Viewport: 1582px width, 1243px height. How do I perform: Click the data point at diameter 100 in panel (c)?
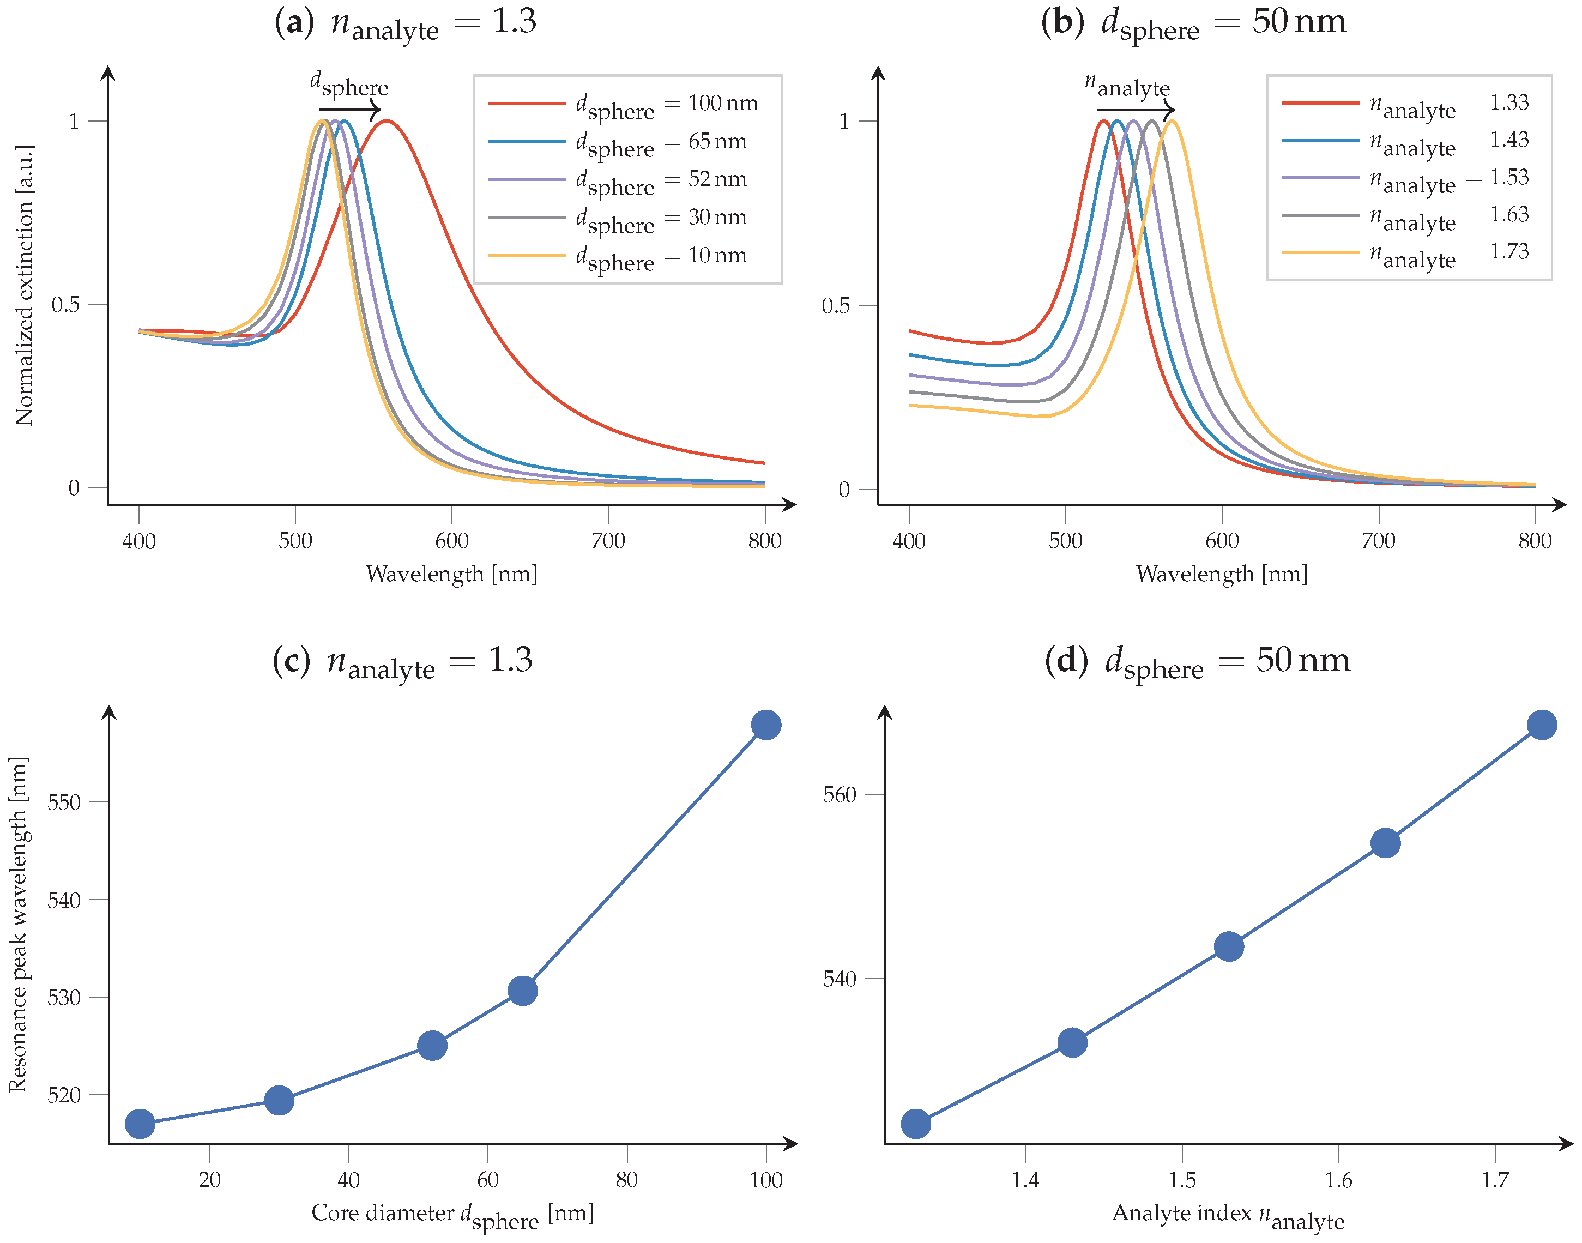(765, 725)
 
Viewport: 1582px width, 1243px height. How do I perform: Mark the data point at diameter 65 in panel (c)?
(522, 991)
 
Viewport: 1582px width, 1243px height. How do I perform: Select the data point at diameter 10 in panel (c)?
(140, 1124)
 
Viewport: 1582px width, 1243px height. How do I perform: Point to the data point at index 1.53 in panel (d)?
(1228, 946)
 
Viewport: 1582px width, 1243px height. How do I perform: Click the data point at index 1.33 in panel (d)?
(915, 1124)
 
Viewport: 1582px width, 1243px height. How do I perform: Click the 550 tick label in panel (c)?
(63, 802)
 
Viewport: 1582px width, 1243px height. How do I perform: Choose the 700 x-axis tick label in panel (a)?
(608, 541)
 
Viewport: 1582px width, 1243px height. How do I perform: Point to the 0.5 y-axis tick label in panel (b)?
(835, 306)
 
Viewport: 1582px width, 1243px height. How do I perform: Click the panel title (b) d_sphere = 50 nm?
(1193, 22)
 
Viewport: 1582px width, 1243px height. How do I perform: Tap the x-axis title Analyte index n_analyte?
(1228, 1215)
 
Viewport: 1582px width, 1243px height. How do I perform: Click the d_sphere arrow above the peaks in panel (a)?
(350, 110)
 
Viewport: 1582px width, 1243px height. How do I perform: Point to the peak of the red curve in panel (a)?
(387, 121)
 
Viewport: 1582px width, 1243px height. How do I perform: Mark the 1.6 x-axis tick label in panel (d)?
(1338, 1180)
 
